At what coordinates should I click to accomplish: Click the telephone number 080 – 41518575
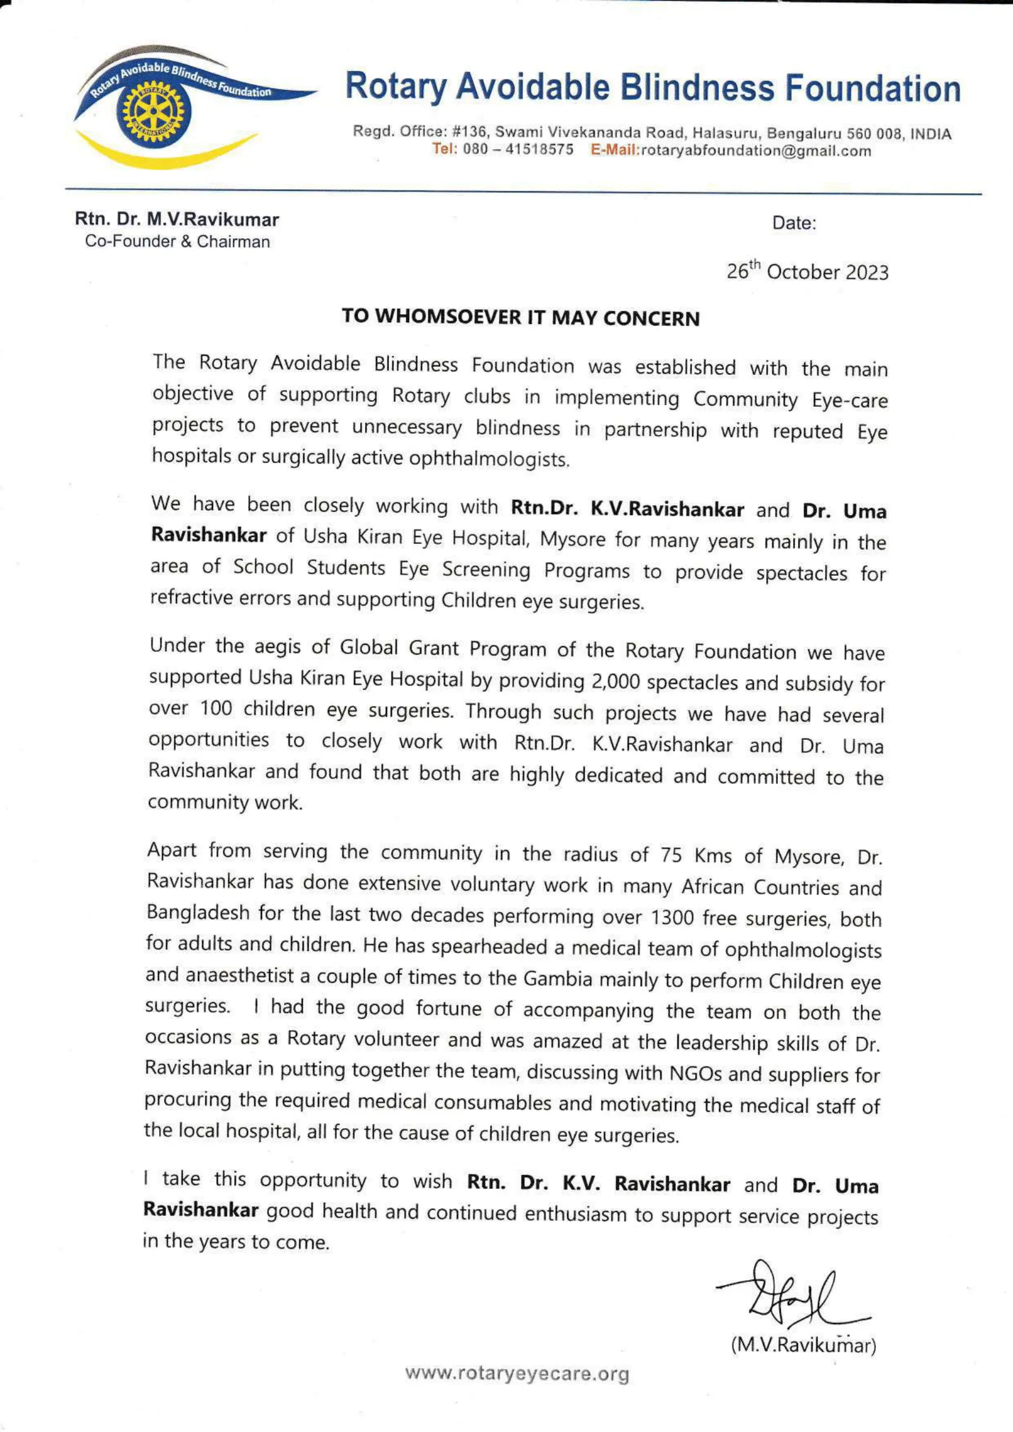pyautogui.click(x=518, y=149)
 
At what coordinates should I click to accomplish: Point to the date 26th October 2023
pyautogui.click(x=807, y=271)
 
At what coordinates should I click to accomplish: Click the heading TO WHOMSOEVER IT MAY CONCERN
pyautogui.click(x=520, y=317)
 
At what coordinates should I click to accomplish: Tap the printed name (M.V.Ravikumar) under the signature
pyautogui.click(x=804, y=1345)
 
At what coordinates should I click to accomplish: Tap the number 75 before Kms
pyautogui.click(x=671, y=854)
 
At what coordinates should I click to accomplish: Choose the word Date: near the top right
pyautogui.click(x=794, y=223)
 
